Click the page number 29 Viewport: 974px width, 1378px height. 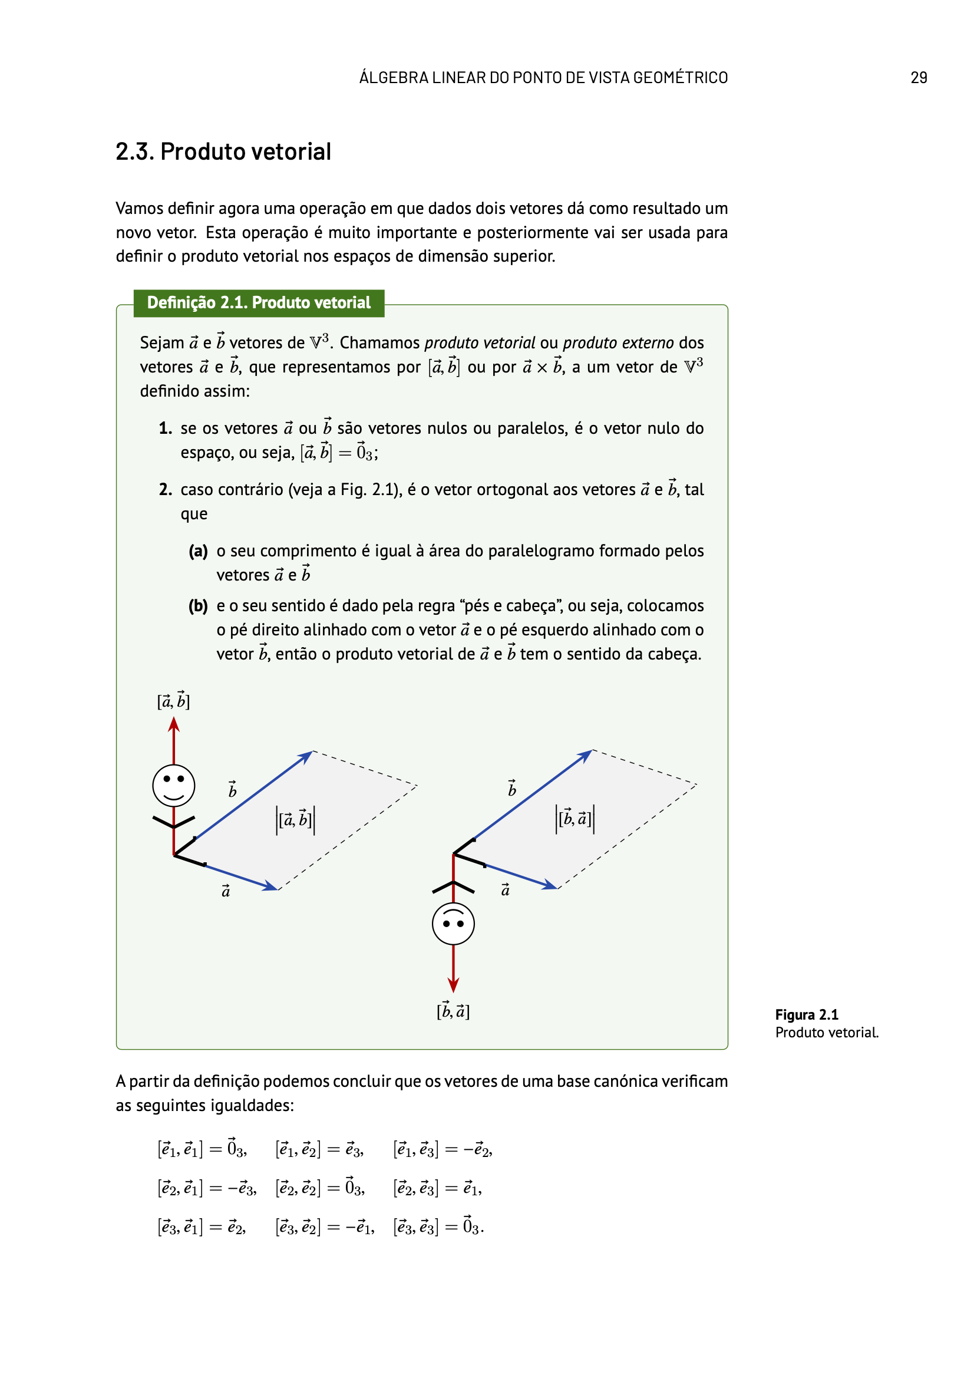(918, 77)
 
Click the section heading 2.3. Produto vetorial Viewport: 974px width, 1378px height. (223, 151)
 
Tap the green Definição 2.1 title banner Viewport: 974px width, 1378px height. (259, 302)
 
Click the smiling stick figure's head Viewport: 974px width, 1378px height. (173, 785)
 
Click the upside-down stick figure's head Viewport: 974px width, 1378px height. (453, 924)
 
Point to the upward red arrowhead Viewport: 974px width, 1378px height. (174, 725)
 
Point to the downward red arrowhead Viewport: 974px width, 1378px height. (453, 984)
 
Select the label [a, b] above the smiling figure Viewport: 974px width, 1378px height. (173, 700)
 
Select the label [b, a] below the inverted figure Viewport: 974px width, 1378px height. (453, 1011)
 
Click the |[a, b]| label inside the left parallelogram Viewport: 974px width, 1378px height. (295, 819)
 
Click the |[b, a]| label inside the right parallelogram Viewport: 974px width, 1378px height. (575, 818)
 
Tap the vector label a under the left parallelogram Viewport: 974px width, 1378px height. (226, 891)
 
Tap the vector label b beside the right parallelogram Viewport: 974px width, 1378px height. (512, 789)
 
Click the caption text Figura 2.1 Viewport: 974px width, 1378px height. (806, 1014)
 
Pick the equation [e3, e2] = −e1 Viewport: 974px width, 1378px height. (325, 1227)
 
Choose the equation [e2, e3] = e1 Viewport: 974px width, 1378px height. (437, 1188)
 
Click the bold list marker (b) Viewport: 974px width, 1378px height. (198, 606)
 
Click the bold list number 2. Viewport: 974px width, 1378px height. (166, 490)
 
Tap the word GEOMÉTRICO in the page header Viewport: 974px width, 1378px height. (680, 77)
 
